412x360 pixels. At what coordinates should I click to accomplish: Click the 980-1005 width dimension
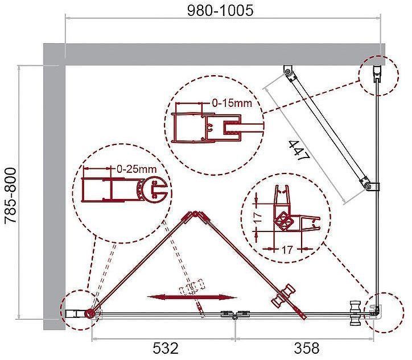coord(220,10)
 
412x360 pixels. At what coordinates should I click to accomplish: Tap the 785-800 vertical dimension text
coord(11,196)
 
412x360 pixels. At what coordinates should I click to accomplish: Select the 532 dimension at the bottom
coord(166,349)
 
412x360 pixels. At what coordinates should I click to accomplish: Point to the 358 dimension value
coord(307,349)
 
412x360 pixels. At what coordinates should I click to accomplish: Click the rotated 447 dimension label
coord(299,151)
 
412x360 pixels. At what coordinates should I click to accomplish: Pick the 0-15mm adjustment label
coord(232,103)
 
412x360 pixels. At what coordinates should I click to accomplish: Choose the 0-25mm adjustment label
coord(137,169)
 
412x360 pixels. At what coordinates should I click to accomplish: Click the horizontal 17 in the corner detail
coord(287,250)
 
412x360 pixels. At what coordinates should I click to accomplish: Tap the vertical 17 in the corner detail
coord(258,217)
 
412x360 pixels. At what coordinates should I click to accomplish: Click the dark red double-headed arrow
coord(192,297)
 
